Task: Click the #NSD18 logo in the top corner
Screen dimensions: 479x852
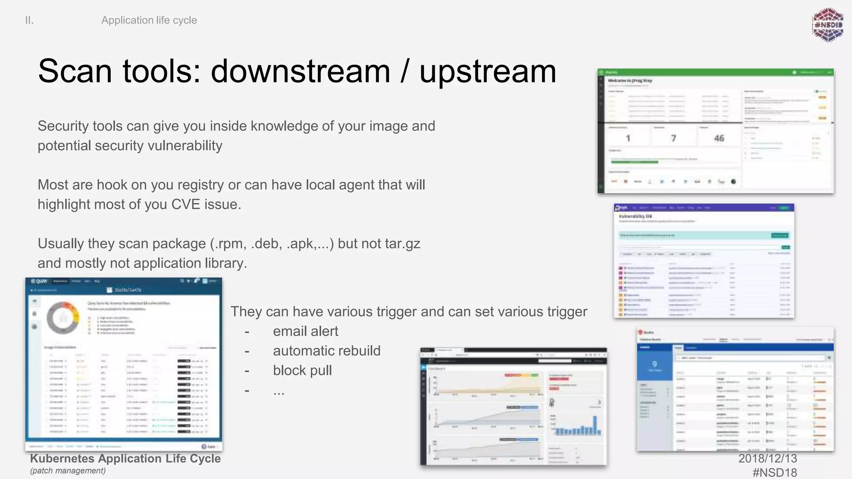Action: point(827,25)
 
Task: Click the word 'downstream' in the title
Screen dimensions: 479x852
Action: point(300,72)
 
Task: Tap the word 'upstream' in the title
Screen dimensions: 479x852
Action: point(488,72)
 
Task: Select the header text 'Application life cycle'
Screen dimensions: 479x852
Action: point(149,20)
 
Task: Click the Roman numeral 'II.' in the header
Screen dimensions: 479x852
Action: point(29,20)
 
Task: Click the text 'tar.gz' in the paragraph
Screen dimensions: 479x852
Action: point(402,244)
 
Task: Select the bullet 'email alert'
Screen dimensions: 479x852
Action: point(305,331)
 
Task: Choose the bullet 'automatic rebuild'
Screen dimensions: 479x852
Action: point(327,351)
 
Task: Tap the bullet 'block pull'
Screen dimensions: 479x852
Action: point(302,370)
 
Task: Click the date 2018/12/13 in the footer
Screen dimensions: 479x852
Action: point(768,458)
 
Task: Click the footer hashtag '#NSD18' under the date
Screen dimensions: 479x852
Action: point(775,472)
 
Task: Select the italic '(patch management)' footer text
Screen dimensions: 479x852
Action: point(68,471)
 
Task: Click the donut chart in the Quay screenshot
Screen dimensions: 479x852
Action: point(63,318)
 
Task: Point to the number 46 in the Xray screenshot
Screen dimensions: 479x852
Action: point(719,138)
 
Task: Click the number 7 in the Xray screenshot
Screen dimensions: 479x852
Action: point(674,138)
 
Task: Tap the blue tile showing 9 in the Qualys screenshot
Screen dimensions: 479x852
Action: point(654,365)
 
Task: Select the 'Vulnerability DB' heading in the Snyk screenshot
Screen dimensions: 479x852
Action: point(635,216)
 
